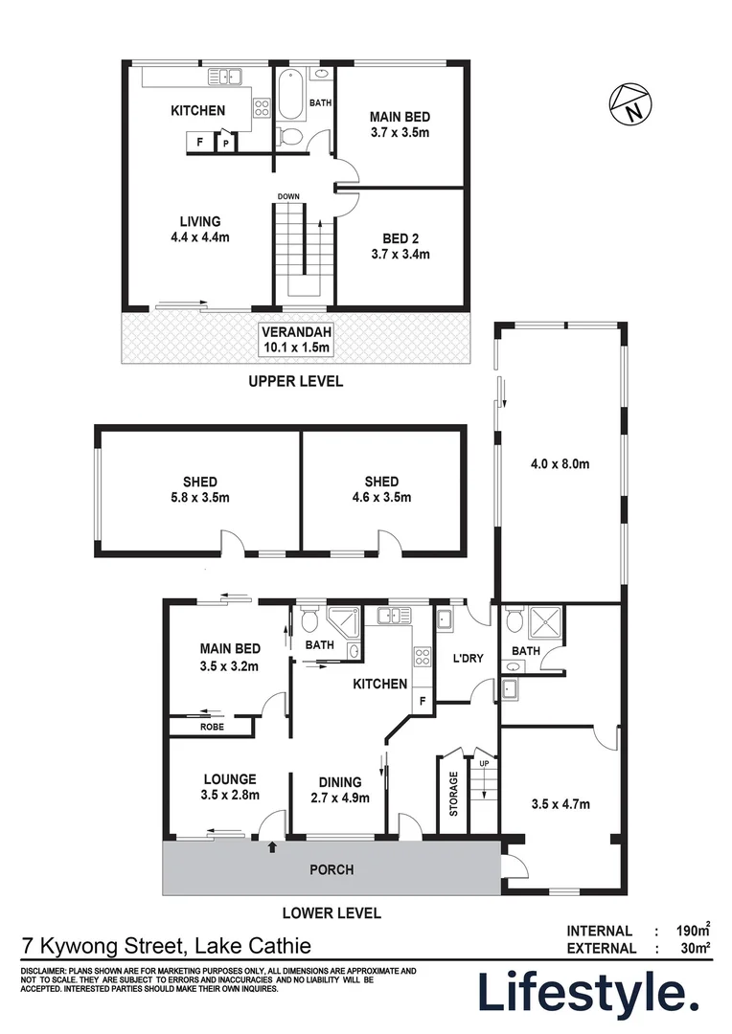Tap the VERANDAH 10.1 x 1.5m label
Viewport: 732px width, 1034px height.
[x=296, y=340]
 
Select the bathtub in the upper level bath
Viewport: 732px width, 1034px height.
[x=290, y=99]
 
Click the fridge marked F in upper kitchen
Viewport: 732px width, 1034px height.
[x=199, y=143]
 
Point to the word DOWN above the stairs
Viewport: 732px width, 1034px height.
[x=289, y=197]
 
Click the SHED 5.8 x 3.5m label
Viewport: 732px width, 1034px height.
[x=200, y=489]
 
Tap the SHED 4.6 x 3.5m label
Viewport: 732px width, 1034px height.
[x=381, y=489]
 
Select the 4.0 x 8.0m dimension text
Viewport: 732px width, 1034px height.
[x=560, y=465]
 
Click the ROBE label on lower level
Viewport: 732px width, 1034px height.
[x=212, y=728]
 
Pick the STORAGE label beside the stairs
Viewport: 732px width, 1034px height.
[x=453, y=793]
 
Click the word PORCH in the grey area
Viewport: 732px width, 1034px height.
[x=332, y=870]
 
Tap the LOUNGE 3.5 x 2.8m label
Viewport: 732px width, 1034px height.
[x=229, y=787]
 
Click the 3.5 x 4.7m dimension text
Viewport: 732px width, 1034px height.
[x=560, y=803]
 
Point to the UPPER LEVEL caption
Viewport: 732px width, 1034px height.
[x=295, y=381]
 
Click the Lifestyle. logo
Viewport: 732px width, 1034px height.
[x=588, y=993]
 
